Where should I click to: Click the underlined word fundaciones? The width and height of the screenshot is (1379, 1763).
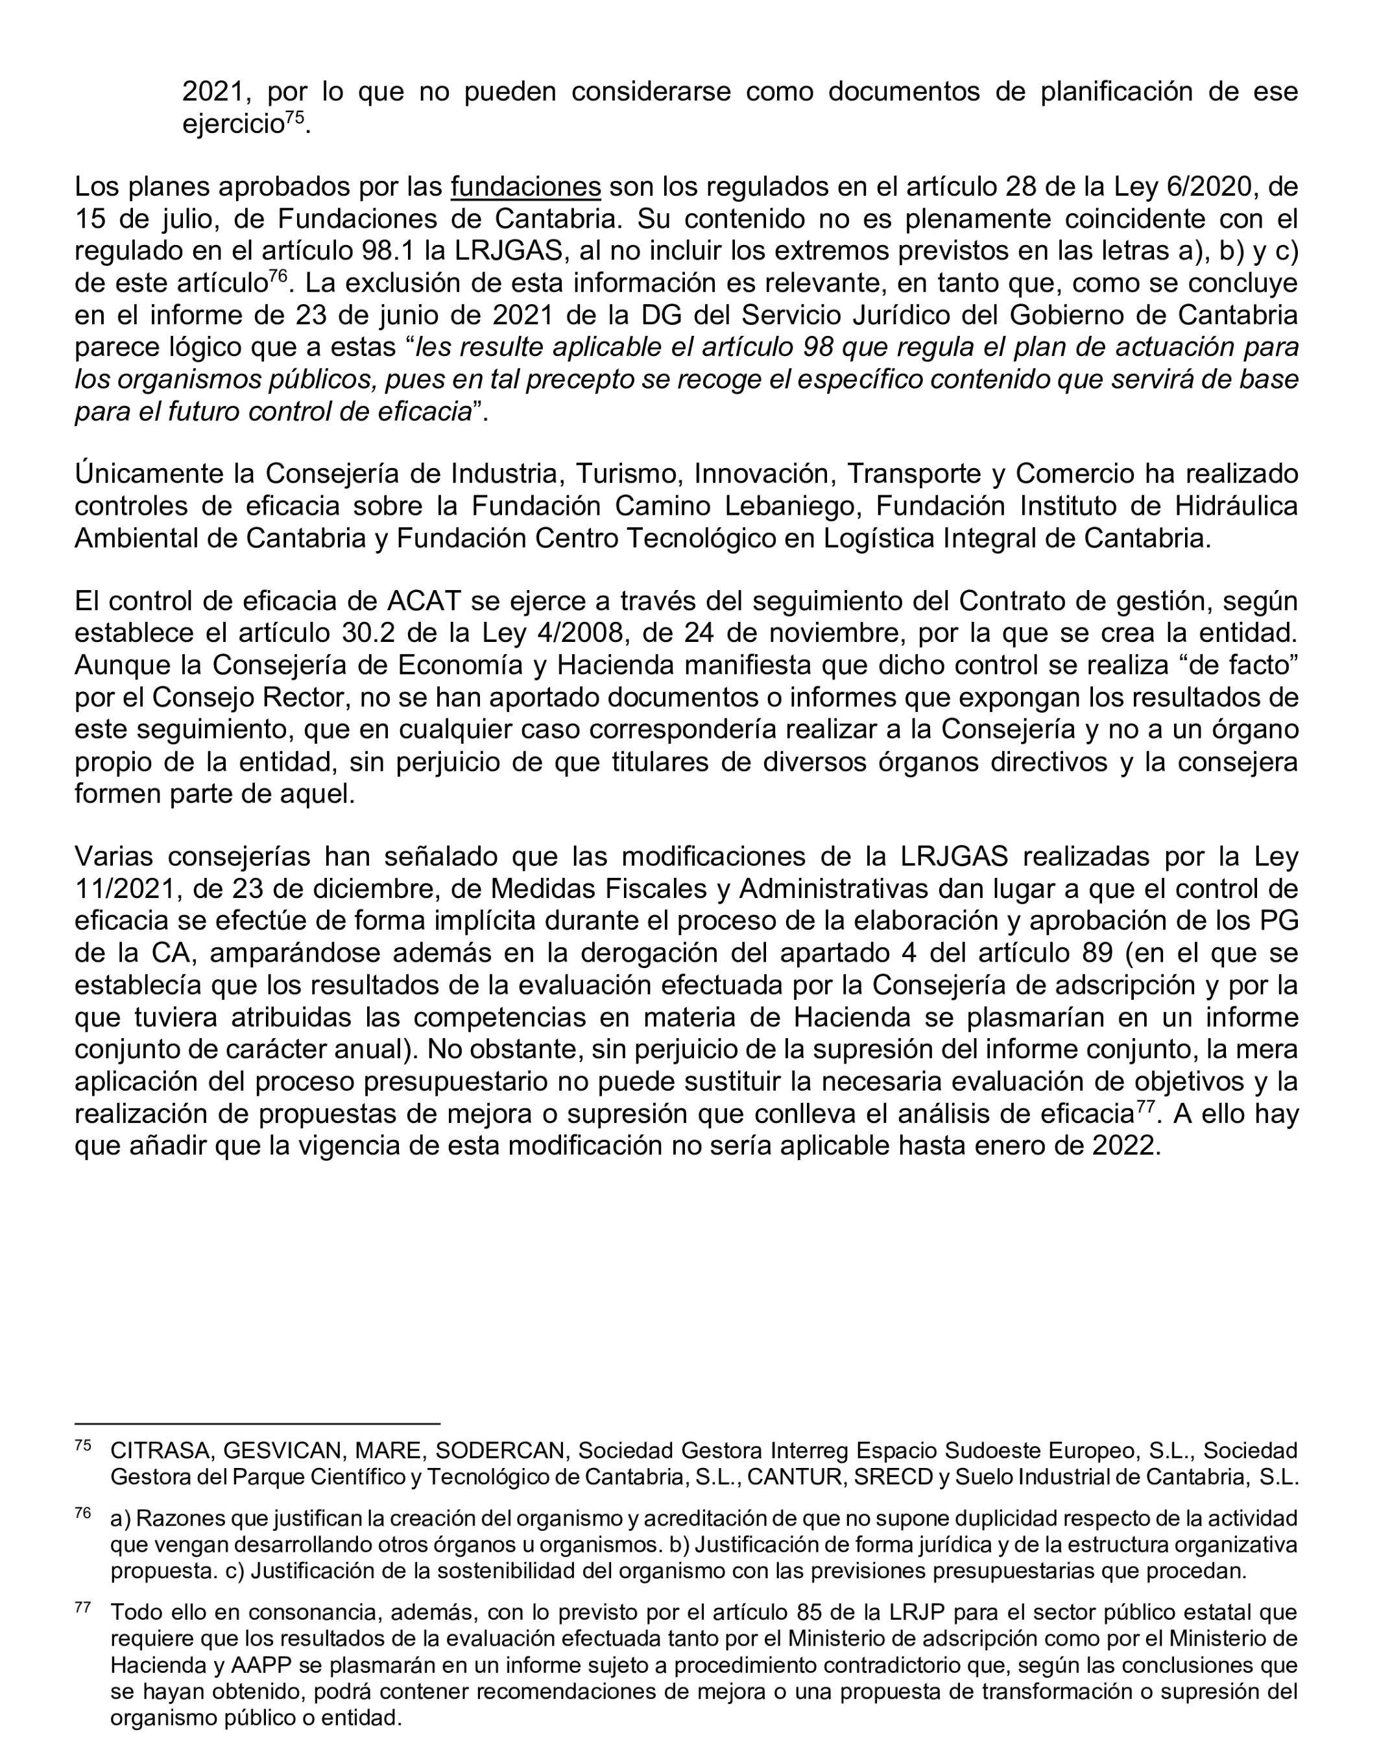[525, 187]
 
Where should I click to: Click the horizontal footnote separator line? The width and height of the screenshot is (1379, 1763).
[257, 1424]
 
